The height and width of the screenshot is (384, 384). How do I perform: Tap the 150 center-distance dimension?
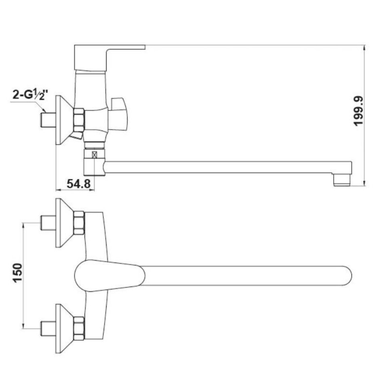(18, 273)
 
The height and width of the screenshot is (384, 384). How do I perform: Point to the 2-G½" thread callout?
(30, 95)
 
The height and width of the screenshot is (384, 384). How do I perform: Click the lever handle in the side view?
(110, 58)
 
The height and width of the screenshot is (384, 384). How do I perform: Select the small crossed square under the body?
(94, 155)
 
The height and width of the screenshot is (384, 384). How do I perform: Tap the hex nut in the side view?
(79, 120)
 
